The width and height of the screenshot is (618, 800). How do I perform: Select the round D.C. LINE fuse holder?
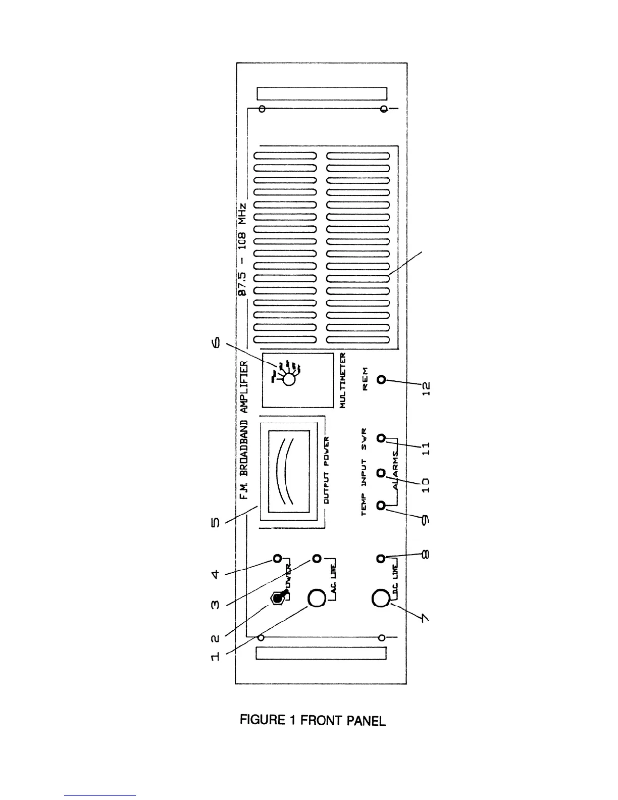tap(381, 599)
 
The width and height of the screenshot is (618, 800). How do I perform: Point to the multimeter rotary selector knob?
tap(288, 379)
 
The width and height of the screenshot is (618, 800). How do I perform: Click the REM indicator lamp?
tap(381, 379)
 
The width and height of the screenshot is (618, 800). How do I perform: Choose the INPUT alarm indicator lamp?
tap(381, 473)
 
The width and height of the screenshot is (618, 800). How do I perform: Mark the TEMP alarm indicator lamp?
tap(381, 505)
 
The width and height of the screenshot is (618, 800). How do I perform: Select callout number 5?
tap(215, 522)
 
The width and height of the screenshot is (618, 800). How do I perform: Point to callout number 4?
tap(215, 574)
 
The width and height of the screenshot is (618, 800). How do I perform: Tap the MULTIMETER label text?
tap(343, 380)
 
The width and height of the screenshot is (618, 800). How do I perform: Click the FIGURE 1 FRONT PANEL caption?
tap(313, 720)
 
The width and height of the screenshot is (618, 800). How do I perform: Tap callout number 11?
tap(426, 446)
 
